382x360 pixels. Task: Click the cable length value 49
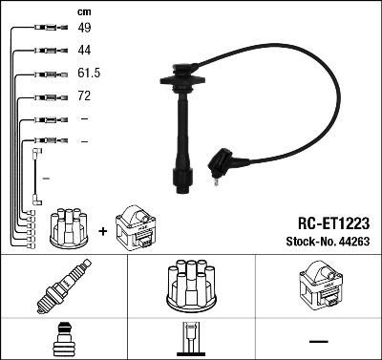pyautogui.click(x=84, y=29)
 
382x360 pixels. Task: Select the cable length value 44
pyautogui.click(x=84, y=51)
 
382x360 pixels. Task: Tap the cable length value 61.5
pyautogui.click(x=88, y=74)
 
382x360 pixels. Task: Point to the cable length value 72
pyautogui.click(x=84, y=96)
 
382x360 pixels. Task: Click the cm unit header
pyautogui.click(x=84, y=11)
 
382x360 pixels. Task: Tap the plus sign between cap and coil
pyautogui.click(x=103, y=230)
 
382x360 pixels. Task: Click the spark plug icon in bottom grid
pyautogui.click(x=63, y=288)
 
